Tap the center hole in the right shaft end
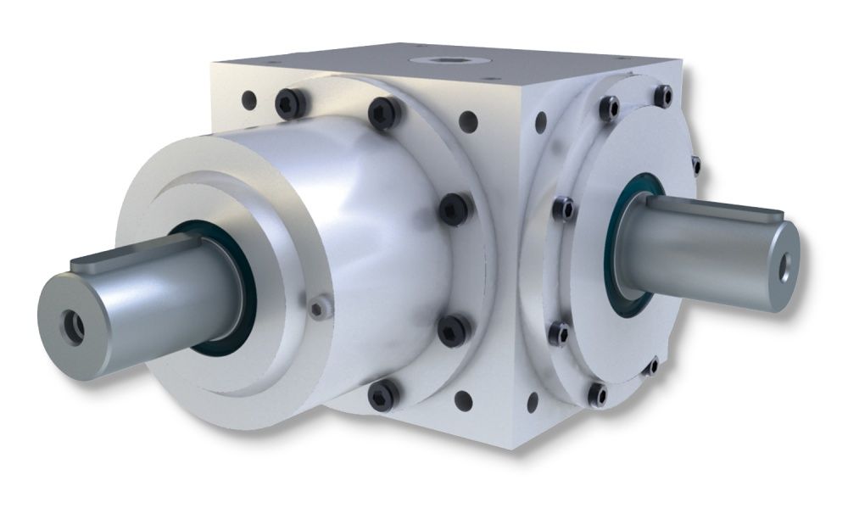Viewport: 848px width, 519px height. [x=786, y=265]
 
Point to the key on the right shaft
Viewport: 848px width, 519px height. [x=711, y=209]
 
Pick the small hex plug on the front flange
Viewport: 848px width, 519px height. [x=318, y=309]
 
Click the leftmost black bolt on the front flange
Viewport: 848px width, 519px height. [x=290, y=104]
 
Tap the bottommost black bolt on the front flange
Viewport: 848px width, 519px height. [x=384, y=393]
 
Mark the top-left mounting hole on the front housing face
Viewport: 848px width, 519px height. [x=249, y=100]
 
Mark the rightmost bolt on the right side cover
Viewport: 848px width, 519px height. [x=695, y=164]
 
